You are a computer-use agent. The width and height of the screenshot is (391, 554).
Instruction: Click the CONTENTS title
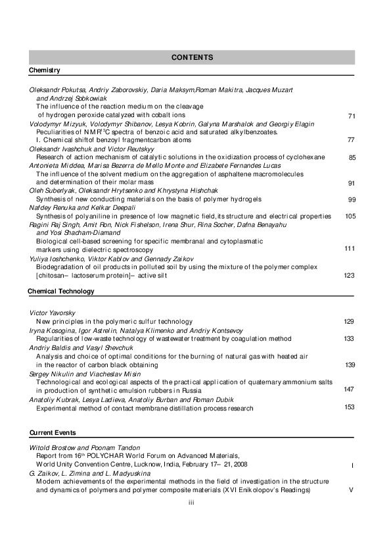192,57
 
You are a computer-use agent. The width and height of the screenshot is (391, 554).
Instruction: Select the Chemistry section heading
45,70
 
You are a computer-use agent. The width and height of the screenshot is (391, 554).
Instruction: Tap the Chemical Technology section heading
61,291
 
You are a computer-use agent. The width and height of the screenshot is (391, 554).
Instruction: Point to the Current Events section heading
53,432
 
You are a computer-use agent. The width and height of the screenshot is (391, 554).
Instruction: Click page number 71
352,116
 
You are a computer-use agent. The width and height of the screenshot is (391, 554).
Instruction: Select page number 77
352,140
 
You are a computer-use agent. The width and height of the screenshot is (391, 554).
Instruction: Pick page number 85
352,158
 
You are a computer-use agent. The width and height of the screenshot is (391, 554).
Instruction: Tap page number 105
350,216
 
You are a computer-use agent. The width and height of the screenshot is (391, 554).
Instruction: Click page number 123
350,276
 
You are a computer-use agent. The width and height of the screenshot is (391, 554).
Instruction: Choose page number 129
350,321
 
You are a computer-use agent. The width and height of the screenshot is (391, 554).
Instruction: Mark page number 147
350,390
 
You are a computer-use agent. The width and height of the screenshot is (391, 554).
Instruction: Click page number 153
350,407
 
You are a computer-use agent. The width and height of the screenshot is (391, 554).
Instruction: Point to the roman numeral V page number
352,490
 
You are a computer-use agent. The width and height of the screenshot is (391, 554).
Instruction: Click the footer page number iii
191,503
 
